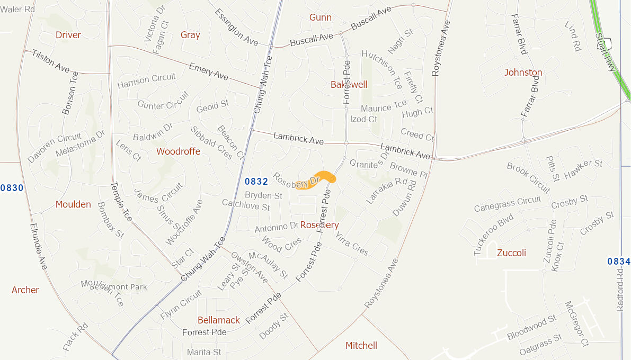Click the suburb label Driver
tap(68, 35)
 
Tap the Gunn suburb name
tap(321, 17)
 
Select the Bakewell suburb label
tap(349, 85)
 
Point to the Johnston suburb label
tap(523, 73)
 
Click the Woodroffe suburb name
tap(178, 151)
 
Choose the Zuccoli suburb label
tap(511, 253)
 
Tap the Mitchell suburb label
tap(361, 346)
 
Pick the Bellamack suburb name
tap(218, 320)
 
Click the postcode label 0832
tap(256, 182)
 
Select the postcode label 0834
tap(618, 262)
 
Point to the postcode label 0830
tap(12, 188)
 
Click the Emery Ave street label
tap(208, 72)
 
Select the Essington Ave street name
tap(236, 27)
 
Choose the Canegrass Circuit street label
tap(507, 204)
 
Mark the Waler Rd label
tap(17, 9)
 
